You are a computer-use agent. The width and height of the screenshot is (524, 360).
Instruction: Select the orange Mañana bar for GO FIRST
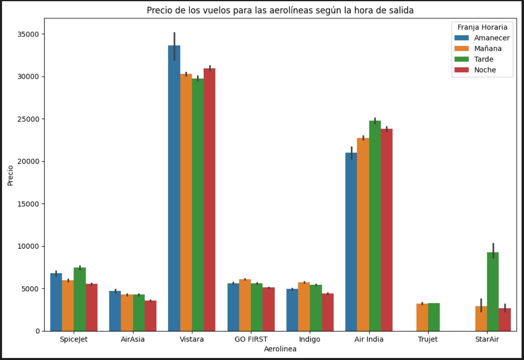pyautogui.click(x=245, y=305)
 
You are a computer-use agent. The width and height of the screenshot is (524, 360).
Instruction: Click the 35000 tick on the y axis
pyautogui.click(x=30, y=34)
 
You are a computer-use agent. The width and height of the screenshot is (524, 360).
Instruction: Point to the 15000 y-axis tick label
pyautogui.click(x=30, y=204)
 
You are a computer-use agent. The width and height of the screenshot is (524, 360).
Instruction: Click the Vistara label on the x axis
pyautogui.click(x=192, y=339)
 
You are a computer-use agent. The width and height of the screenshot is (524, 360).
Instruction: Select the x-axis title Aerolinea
pyautogui.click(x=280, y=349)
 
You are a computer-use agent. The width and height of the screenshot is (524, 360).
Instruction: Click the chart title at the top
pyautogui.click(x=280, y=11)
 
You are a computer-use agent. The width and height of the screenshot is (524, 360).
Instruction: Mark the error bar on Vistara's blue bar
pyautogui.click(x=174, y=46)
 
